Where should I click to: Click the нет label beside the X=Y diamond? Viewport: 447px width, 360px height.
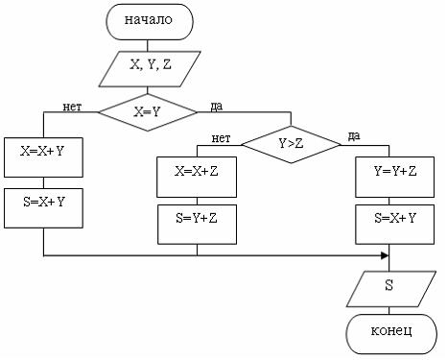[x=71, y=106]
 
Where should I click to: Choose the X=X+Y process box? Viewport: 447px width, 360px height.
[x=43, y=151]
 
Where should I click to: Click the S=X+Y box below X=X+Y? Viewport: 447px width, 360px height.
[x=43, y=203]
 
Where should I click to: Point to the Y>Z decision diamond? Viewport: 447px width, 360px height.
[x=291, y=145]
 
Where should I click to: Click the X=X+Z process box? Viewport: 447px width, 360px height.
[x=197, y=174]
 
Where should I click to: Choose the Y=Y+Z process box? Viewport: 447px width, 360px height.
[x=389, y=174]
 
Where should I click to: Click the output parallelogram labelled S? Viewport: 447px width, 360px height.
[x=389, y=286]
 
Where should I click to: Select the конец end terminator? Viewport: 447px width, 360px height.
[x=389, y=332]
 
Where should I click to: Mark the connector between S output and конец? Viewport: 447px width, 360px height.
[x=389, y=308]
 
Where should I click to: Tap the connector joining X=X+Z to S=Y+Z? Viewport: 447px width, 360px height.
[x=197, y=198]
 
